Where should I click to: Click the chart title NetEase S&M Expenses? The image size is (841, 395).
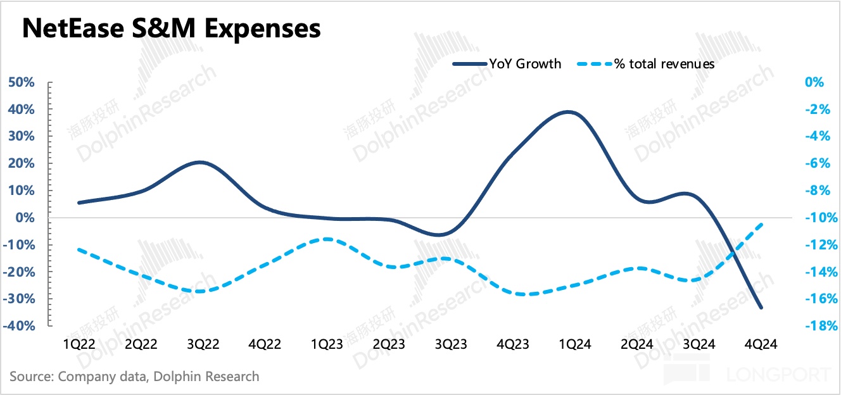tap(172, 29)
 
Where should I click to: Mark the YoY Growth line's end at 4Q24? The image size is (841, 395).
tap(761, 308)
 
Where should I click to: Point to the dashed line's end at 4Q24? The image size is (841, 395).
tap(761, 223)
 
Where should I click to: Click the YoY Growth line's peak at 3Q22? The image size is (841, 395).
tap(200, 163)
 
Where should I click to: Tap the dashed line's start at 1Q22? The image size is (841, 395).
tap(79, 249)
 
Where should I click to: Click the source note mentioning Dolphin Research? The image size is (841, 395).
tap(134, 376)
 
